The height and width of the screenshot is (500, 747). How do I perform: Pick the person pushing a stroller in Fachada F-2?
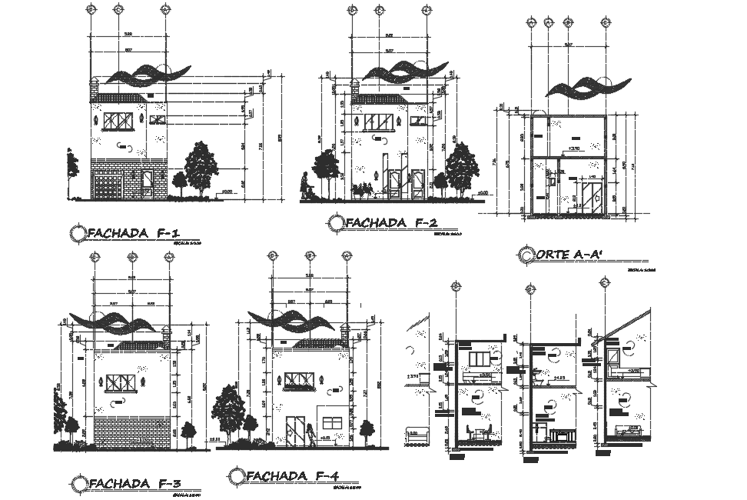(305, 187)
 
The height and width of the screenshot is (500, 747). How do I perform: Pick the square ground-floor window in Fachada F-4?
(333, 425)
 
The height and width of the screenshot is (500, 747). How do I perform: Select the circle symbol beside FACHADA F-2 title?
(335, 223)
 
